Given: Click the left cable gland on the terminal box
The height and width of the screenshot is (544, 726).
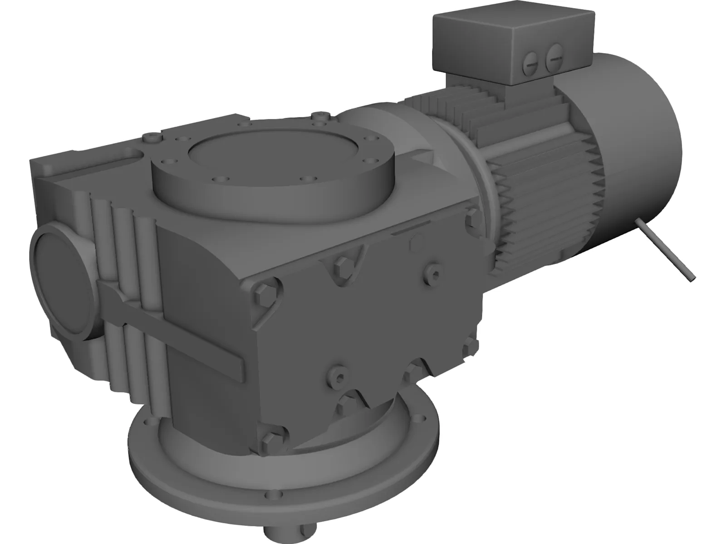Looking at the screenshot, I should point(532,63).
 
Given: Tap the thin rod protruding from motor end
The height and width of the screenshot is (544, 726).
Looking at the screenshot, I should point(666,251).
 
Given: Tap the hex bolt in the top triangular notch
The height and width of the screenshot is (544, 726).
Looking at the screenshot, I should point(341,264).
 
